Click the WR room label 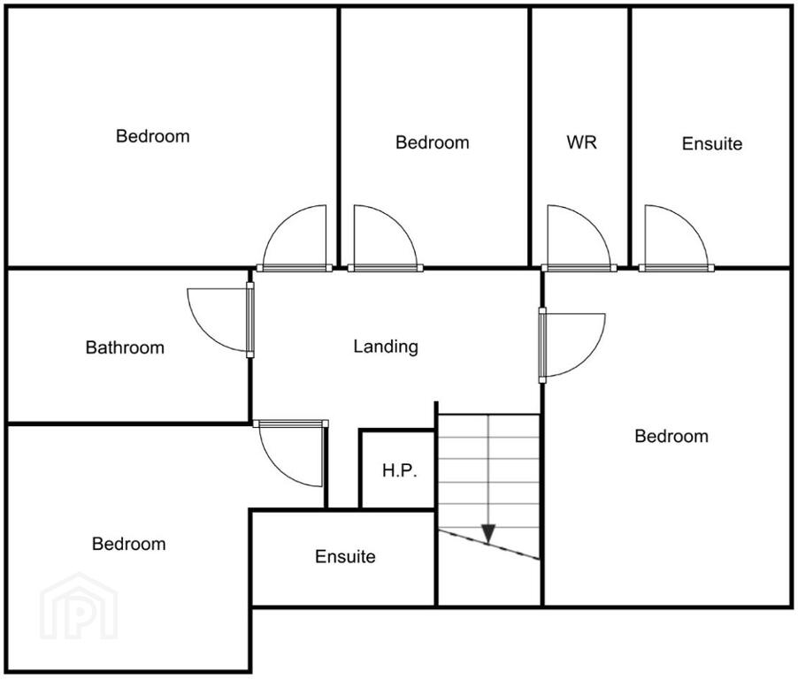581,142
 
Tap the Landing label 386,347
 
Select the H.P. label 400,470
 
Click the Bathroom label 125,347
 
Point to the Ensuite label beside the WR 712,143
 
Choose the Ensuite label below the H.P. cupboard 345,556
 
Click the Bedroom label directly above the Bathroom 153,136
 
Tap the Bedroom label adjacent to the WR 432,142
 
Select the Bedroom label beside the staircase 671,436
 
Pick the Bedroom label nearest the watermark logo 129,544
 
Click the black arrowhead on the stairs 488,533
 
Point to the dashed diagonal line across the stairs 488,545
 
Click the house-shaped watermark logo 79,607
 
